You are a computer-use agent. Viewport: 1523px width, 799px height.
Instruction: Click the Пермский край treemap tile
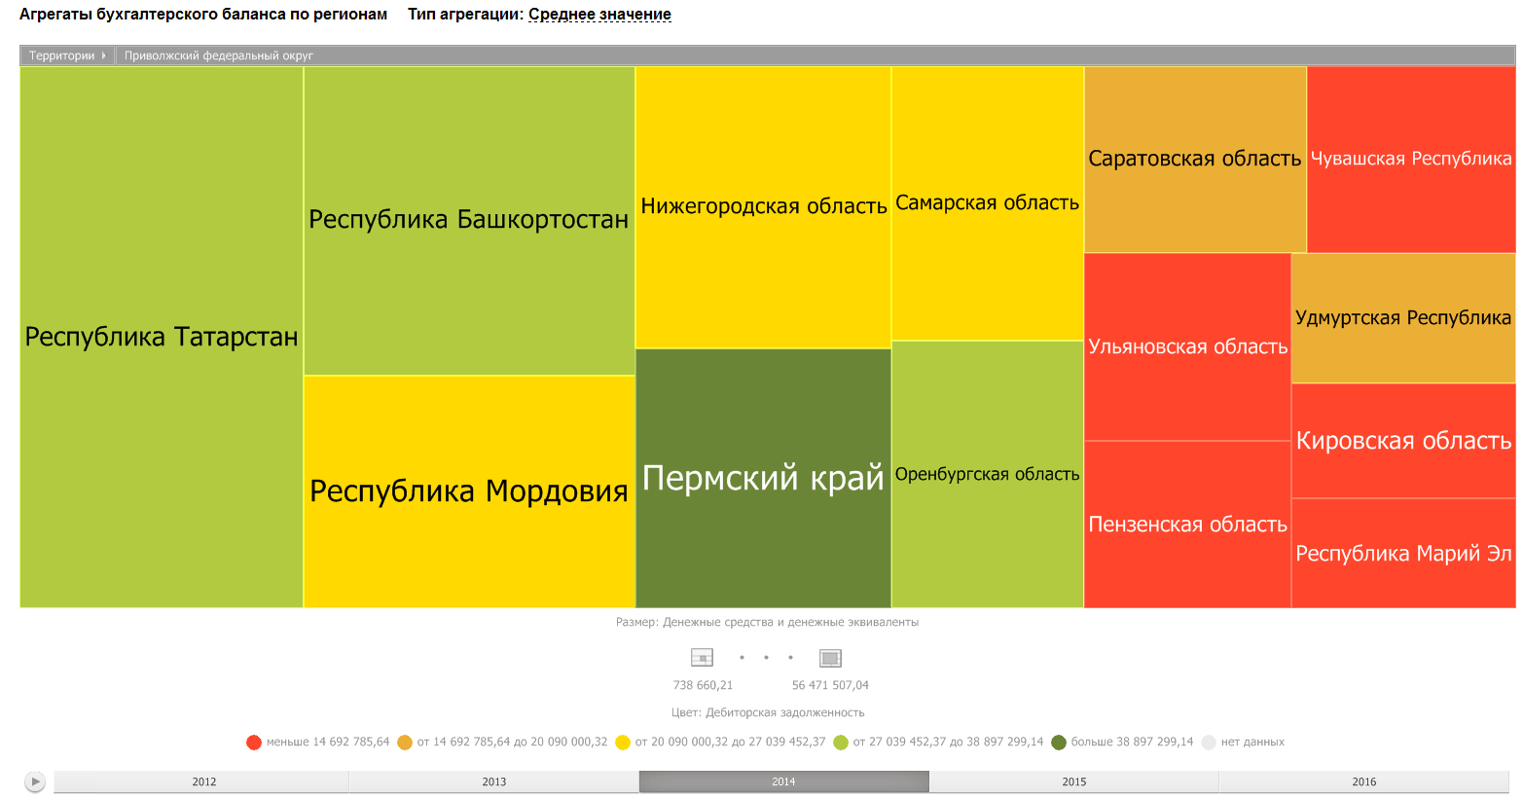point(763,478)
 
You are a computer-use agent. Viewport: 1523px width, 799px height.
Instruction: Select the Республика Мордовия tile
point(469,490)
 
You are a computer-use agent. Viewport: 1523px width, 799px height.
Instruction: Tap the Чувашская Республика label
point(1411,159)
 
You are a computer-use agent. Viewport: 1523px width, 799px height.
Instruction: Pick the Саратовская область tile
point(1195,159)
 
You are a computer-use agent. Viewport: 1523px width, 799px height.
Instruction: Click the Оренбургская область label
point(987,474)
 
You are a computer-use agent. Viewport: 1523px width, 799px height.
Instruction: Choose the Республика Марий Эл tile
point(1403,554)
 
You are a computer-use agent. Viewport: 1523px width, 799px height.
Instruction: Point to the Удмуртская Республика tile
point(1403,318)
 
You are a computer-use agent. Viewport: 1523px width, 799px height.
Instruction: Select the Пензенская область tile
point(1187,525)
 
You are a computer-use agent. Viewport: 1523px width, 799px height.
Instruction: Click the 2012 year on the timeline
point(204,781)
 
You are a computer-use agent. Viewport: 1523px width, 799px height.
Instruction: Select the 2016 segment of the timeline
point(1363,781)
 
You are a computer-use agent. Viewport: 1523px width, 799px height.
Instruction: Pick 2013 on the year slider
point(494,781)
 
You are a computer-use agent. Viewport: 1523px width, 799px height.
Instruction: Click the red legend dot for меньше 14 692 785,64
point(254,743)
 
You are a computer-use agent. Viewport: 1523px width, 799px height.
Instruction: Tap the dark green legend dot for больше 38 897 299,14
point(1059,743)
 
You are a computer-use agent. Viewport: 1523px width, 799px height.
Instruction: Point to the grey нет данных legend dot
point(1209,743)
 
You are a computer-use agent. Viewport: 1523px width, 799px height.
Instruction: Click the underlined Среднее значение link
point(599,15)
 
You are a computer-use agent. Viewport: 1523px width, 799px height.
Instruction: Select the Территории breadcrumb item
point(62,55)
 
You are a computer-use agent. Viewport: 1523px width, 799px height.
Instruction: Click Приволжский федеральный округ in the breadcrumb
point(219,55)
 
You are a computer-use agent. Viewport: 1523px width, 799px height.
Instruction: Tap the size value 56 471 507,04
point(830,685)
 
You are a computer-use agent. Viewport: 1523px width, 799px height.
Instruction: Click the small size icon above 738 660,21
point(702,658)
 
